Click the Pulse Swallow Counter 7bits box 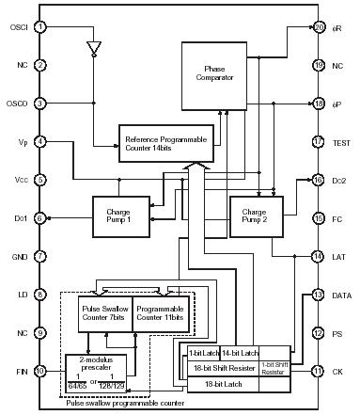(x=103, y=312)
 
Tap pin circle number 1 (x=40, y=27)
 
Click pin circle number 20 (x=320, y=27)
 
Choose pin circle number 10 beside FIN (x=40, y=372)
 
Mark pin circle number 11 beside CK (x=320, y=372)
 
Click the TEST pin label (x=339, y=142)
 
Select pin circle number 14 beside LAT (x=320, y=256)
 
